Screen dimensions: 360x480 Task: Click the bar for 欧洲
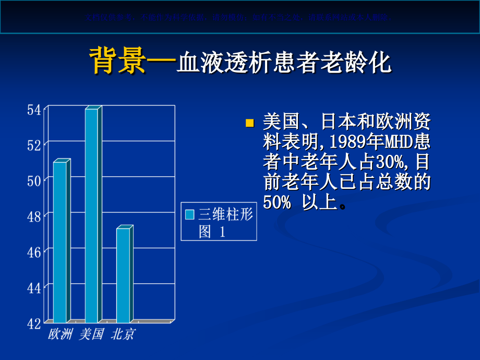click(x=61, y=242)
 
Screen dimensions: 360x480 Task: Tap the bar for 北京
click(x=123, y=275)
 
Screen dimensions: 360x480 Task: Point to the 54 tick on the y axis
click(x=34, y=110)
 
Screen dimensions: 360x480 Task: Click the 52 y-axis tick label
click(x=34, y=146)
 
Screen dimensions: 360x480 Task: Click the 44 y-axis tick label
click(x=34, y=288)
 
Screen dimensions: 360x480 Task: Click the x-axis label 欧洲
click(x=60, y=334)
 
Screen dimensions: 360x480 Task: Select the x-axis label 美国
click(x=91, y=334)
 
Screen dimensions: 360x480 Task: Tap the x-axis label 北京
click(x=123, y=334)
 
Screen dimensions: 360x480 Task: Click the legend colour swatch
click(x=190, y=214)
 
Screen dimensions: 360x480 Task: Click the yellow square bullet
click(x=249, y=124)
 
